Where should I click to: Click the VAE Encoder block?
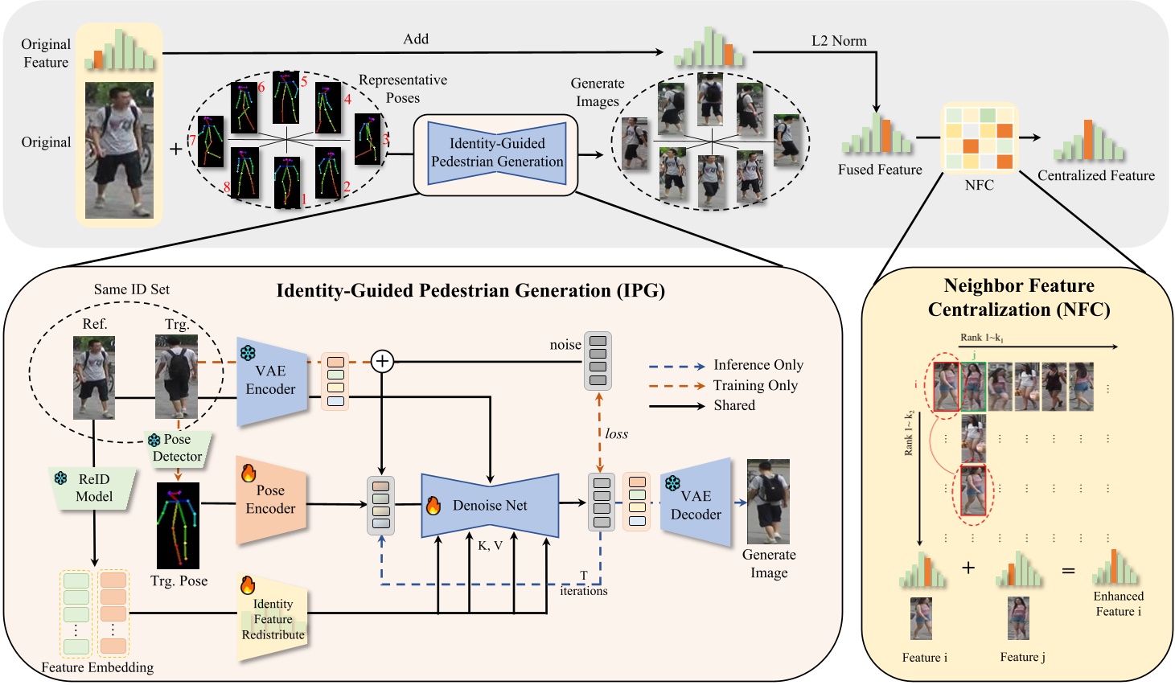[x=271, y=381]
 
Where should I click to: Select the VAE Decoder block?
[x=696, y=505]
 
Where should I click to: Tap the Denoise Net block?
[x=490, y=506]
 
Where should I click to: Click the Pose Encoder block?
[x=271, y=499]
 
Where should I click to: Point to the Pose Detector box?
[x=178, y=449]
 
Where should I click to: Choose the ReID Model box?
[x=94, y=488]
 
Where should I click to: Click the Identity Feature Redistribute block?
[x=273, y=619]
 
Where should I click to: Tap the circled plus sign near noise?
[x=383, y=362]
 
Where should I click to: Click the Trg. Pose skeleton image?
[x=179, y=526]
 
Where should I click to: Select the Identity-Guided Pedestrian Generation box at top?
[x=497, y=153]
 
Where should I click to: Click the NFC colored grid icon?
[x=979, y=137]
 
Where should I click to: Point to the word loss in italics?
[x=616, y=434]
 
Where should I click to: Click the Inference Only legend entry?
[x=758, y=365]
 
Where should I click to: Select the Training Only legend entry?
[x=754, y=386]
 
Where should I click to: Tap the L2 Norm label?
[x=839, y=41]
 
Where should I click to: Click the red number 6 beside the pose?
[x=261, y=87]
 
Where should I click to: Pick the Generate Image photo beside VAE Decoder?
[x=768, y=502]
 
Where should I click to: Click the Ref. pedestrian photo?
[x=94, y=378]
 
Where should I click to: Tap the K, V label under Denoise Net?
[x=490, y=546]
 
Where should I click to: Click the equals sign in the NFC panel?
[x=1068, y=571]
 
